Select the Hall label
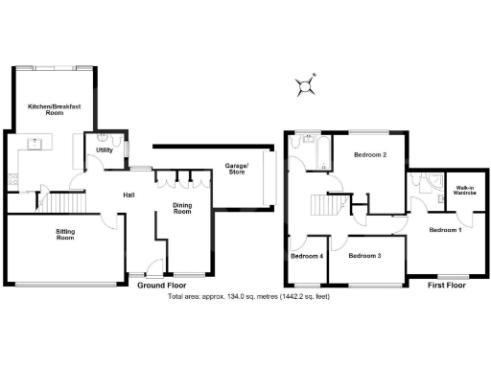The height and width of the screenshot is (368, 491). tap(128, 195)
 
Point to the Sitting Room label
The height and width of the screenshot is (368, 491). tap(64, 234)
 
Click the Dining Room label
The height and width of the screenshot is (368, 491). tap(182, 208)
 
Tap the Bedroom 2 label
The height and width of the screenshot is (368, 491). tap(369, 154)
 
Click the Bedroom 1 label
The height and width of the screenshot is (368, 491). tap(445, 230)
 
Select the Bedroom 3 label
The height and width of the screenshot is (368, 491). tap(364, 256)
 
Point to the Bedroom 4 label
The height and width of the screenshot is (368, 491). tap(307, 256)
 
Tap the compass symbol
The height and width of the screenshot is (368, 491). tap(306, 86)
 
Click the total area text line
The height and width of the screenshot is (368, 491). tap(248, 296)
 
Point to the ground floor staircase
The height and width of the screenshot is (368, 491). tap(67, 202)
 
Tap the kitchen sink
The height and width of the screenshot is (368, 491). tap(35, 145)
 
